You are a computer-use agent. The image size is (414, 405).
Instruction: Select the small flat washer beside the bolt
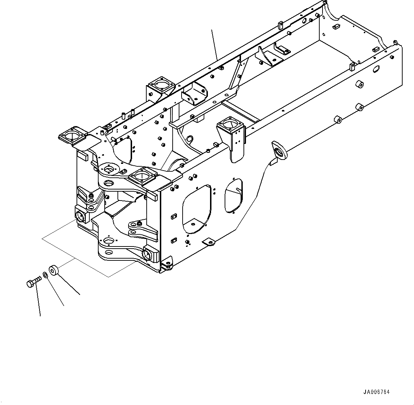[45, 275]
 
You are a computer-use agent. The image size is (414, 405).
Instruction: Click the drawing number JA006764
[376, 392]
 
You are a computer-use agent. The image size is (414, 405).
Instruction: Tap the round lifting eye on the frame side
[280, 150]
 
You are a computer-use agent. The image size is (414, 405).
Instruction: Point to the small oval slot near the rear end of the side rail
[375, 70]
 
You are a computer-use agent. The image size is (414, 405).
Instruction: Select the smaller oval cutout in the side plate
[233, 196]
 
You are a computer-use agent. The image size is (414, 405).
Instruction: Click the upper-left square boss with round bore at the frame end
[81, 216]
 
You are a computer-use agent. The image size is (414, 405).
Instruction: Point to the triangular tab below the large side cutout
[209, 243]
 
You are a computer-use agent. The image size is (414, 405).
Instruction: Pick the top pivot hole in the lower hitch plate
[109, 242]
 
